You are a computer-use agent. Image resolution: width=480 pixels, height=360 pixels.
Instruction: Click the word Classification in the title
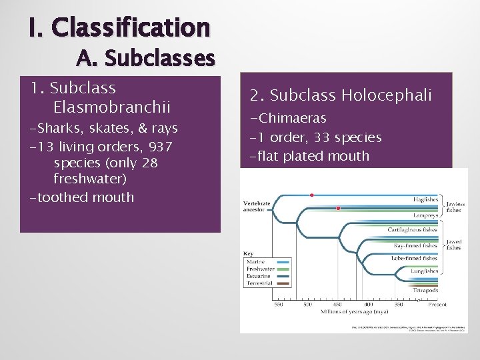(x=130, y=27)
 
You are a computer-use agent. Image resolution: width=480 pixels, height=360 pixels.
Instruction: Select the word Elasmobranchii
(x=112, y=107)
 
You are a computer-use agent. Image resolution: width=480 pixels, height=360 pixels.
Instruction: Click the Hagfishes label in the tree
(x=425, y=199)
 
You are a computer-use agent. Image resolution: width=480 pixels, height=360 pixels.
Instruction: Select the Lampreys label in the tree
(x=425, y=216)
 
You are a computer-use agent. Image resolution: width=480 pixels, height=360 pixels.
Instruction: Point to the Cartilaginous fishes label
(x=412, y=229)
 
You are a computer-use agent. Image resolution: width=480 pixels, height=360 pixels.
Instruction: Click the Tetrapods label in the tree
(x=425, y=290)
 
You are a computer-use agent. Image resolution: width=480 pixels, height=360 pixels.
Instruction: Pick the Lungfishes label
(x=423, y=271)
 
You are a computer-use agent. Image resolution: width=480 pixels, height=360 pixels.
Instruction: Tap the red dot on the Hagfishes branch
(x=312, y=195)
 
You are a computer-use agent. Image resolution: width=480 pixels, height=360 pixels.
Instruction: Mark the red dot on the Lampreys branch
(x=338, y=209)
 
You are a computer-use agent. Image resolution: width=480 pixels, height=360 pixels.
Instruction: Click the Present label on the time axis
(x=437, y=305)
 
